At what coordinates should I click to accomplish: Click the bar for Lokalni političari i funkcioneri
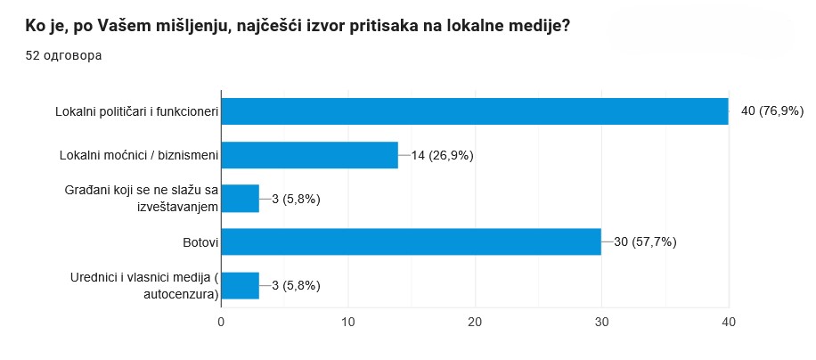click(x=474, y=111)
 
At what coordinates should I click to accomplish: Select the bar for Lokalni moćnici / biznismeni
click(x=309, y=155)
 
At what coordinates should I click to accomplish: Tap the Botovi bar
click(x=411, y=241)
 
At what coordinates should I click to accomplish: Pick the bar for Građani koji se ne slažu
click(x=240, y=199)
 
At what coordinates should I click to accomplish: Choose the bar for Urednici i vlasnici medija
click(x=240, y=285)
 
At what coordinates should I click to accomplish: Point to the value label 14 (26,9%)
click(x=442, y=155)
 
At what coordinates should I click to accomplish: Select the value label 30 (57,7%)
click(x=645, y=241)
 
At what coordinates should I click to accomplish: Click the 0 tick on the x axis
click(x=221, y=323)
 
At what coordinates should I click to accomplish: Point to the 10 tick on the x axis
click(x=348, y=323)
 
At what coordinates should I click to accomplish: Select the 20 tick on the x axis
click(x=475, y=323)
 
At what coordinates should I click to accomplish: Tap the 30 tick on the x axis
click(x=602, y=323)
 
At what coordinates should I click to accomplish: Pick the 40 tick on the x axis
click(x=729, y=323)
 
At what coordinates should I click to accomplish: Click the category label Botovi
click(x=196, y=241)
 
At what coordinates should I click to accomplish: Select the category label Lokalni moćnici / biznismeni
click(x=138, y=155)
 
